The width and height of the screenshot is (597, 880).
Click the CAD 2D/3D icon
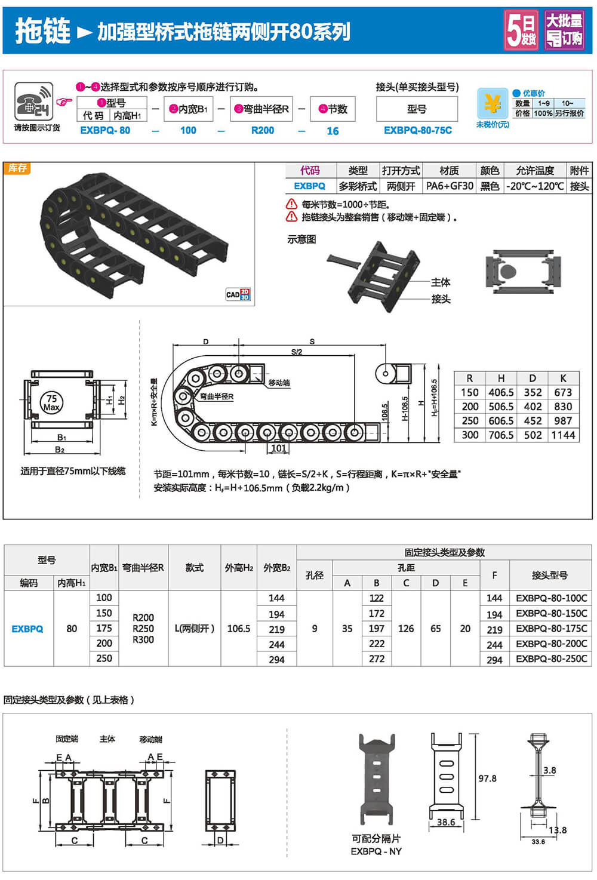[238, 294]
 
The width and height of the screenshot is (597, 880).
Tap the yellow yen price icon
[493, 104]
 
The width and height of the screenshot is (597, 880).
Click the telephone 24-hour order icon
[33, 101]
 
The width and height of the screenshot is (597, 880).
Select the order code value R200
[263, 130]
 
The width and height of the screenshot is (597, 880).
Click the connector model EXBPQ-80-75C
[418, 130]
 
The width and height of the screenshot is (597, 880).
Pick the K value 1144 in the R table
[563, 435]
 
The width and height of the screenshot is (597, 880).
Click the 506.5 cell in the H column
[501, 407]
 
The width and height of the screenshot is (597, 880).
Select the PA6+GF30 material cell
[450, 186]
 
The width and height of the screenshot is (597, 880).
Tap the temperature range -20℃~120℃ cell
[535, 186]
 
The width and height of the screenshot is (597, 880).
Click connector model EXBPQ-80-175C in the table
[551, 629]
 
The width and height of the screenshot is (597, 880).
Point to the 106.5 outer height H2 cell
[239, 629]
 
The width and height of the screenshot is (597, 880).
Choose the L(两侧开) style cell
[195, 629]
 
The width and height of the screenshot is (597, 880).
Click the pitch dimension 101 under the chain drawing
[279, 448]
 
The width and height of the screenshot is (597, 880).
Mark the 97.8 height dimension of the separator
[487, 779]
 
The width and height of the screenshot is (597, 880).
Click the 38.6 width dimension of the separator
[446, 822]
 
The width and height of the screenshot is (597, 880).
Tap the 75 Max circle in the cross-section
[51, 403]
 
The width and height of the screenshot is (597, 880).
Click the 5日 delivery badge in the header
[521, 30]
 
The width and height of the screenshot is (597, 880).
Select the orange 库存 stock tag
[17, 168]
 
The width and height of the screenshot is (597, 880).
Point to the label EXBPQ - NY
[376, 851]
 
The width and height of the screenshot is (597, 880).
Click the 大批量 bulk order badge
[564, 30]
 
